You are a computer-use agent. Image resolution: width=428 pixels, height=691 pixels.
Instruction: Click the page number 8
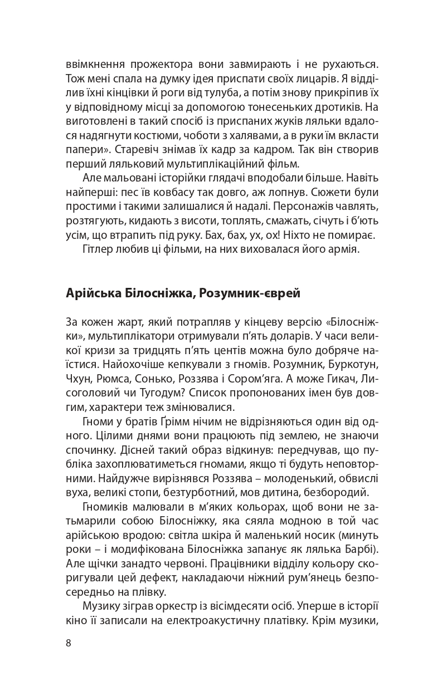click(x=69, y=643)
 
